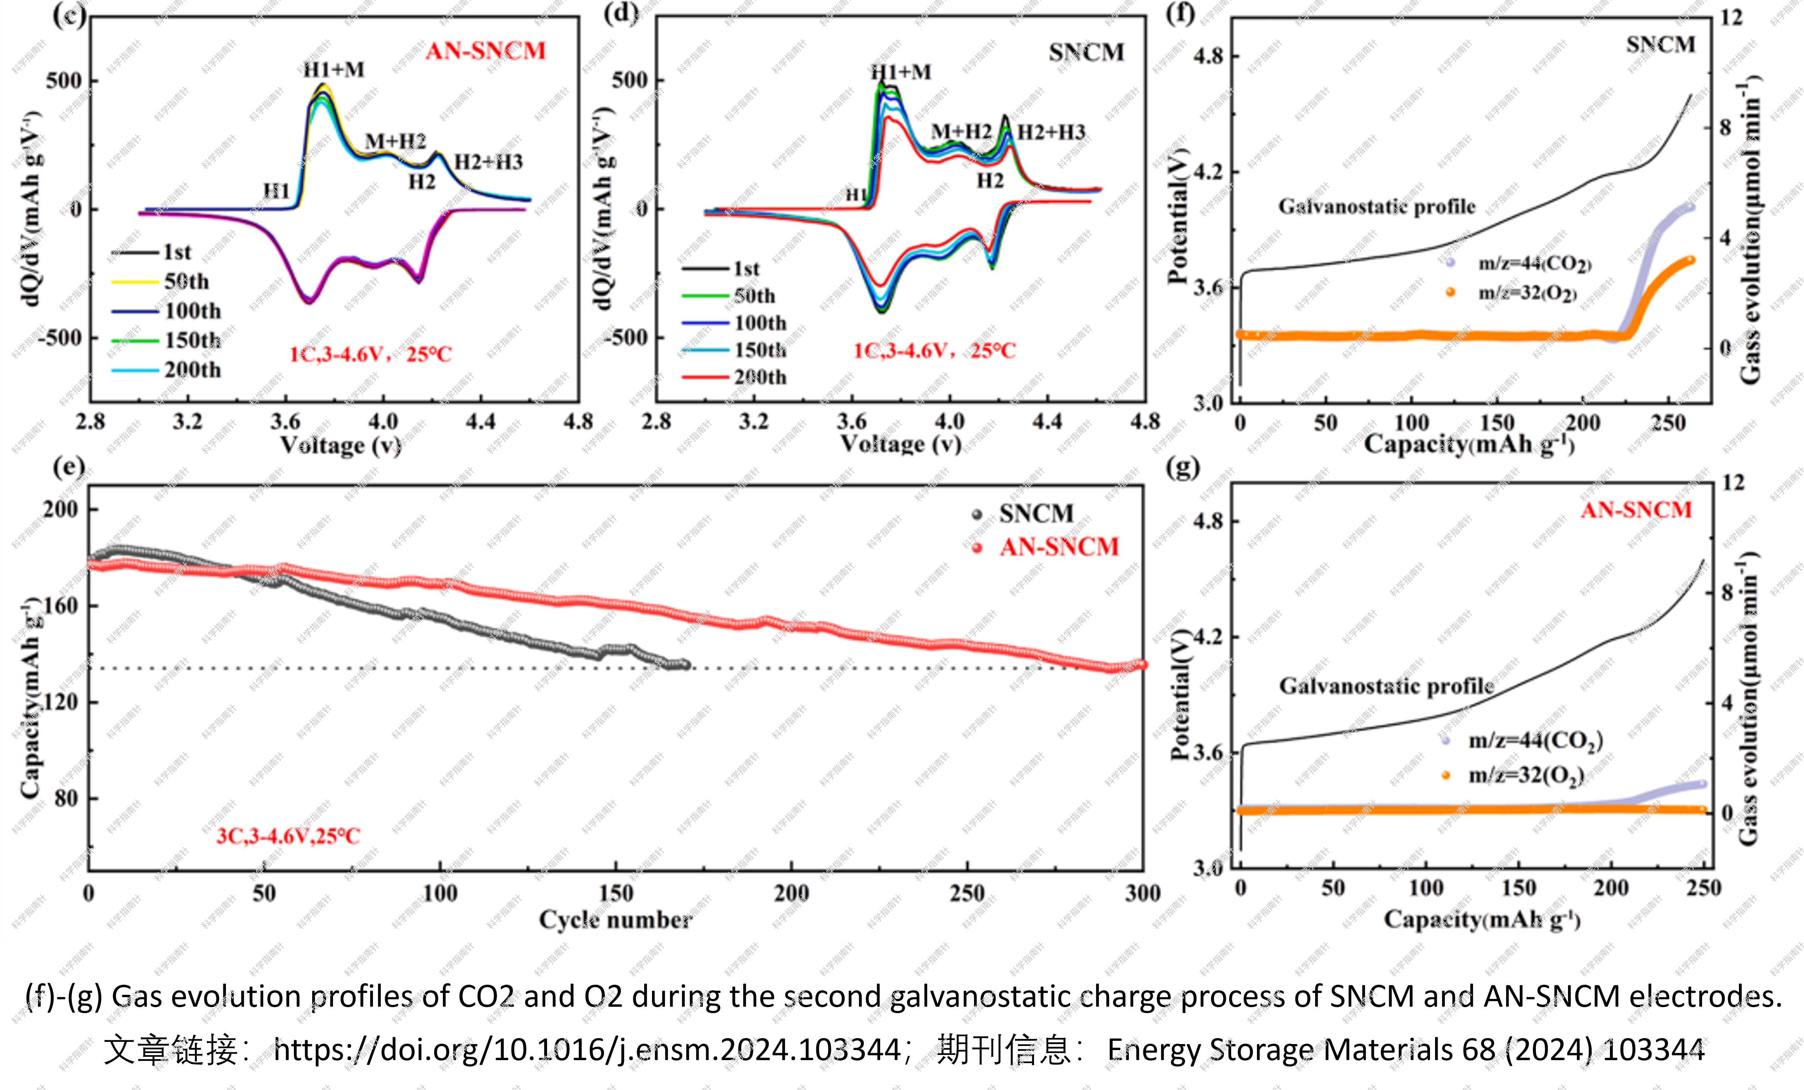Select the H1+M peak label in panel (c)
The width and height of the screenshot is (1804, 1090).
[x=334, y=69]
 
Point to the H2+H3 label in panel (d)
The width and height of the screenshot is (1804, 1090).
[x=1051, y=133]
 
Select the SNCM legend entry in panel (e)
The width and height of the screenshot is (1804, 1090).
[x=1036, y=514]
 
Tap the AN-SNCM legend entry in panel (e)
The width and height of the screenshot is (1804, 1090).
[x=1059, y=547]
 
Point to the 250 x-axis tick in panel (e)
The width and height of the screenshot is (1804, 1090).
[x=967, y=893]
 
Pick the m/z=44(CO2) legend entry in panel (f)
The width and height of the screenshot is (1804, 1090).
[x=1534, y=264]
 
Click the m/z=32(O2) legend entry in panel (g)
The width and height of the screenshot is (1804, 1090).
[x=1526, y=775]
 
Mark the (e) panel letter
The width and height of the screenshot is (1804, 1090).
[x=69, y=466]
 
